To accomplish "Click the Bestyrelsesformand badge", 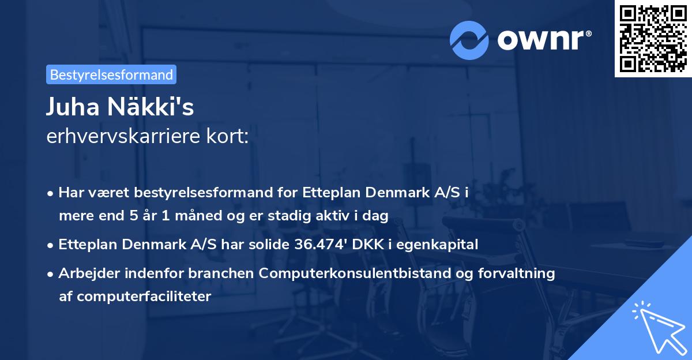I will [111, 74].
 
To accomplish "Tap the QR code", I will [653, 38].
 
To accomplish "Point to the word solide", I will [267, 244].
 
